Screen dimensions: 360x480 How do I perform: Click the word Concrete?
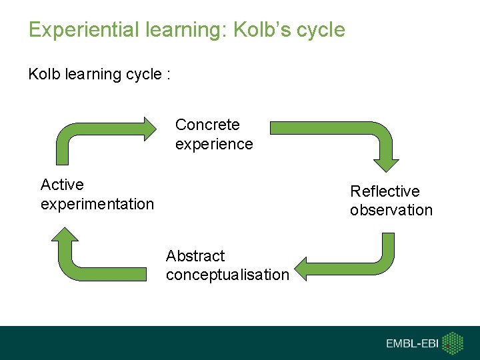[207, 125]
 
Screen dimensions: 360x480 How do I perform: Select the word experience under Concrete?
[214, 144]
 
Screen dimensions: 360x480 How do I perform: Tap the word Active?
[62, 184]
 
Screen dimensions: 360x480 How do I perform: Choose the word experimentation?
[97, 204]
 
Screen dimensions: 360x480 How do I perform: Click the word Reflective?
[385, 191]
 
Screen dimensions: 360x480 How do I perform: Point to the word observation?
[391, 211]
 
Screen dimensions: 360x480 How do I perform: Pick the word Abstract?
[195, 256]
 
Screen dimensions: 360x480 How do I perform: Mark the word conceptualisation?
[227, 275]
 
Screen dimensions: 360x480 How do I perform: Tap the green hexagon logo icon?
[453, 343]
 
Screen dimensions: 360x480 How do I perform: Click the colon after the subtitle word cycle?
[169, 75]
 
